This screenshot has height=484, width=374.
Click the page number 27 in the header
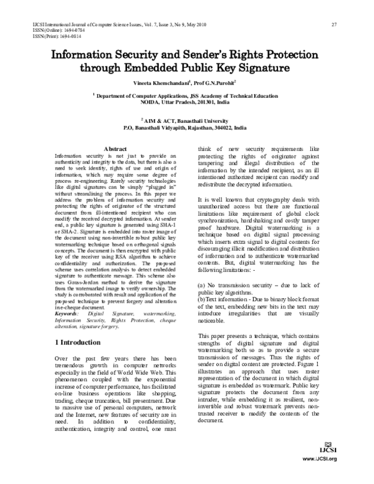tap(335, 24)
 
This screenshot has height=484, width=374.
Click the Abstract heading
tap(115, 148)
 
